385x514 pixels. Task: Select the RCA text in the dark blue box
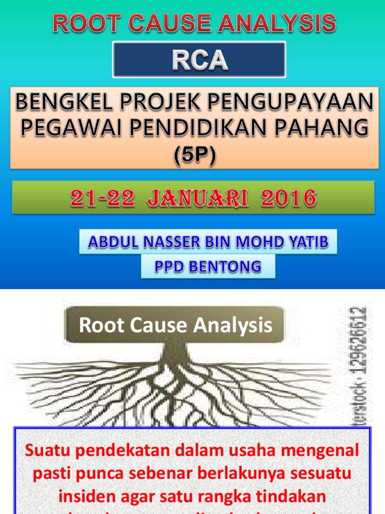(200, 60)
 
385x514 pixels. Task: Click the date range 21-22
(103, 198)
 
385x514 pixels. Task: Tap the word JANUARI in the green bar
(197, 198)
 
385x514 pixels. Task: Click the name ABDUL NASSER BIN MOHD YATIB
(208, 242)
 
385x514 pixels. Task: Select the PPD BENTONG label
(208, 267)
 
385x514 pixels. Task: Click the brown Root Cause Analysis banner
(175, 325)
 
